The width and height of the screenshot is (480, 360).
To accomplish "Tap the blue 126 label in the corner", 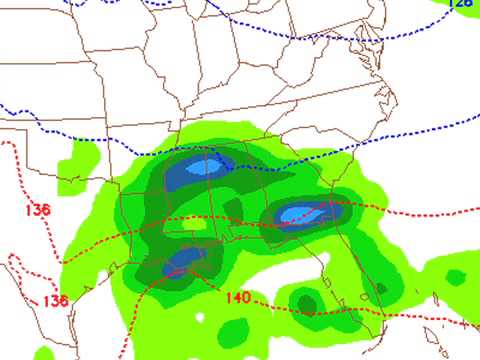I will click(460, 4).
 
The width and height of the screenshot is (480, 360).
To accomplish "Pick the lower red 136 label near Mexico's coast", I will click(56, 301).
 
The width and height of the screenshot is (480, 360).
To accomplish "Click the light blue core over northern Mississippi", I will click(204, 168).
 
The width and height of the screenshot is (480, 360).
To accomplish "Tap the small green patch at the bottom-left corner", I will click(44, 353).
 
